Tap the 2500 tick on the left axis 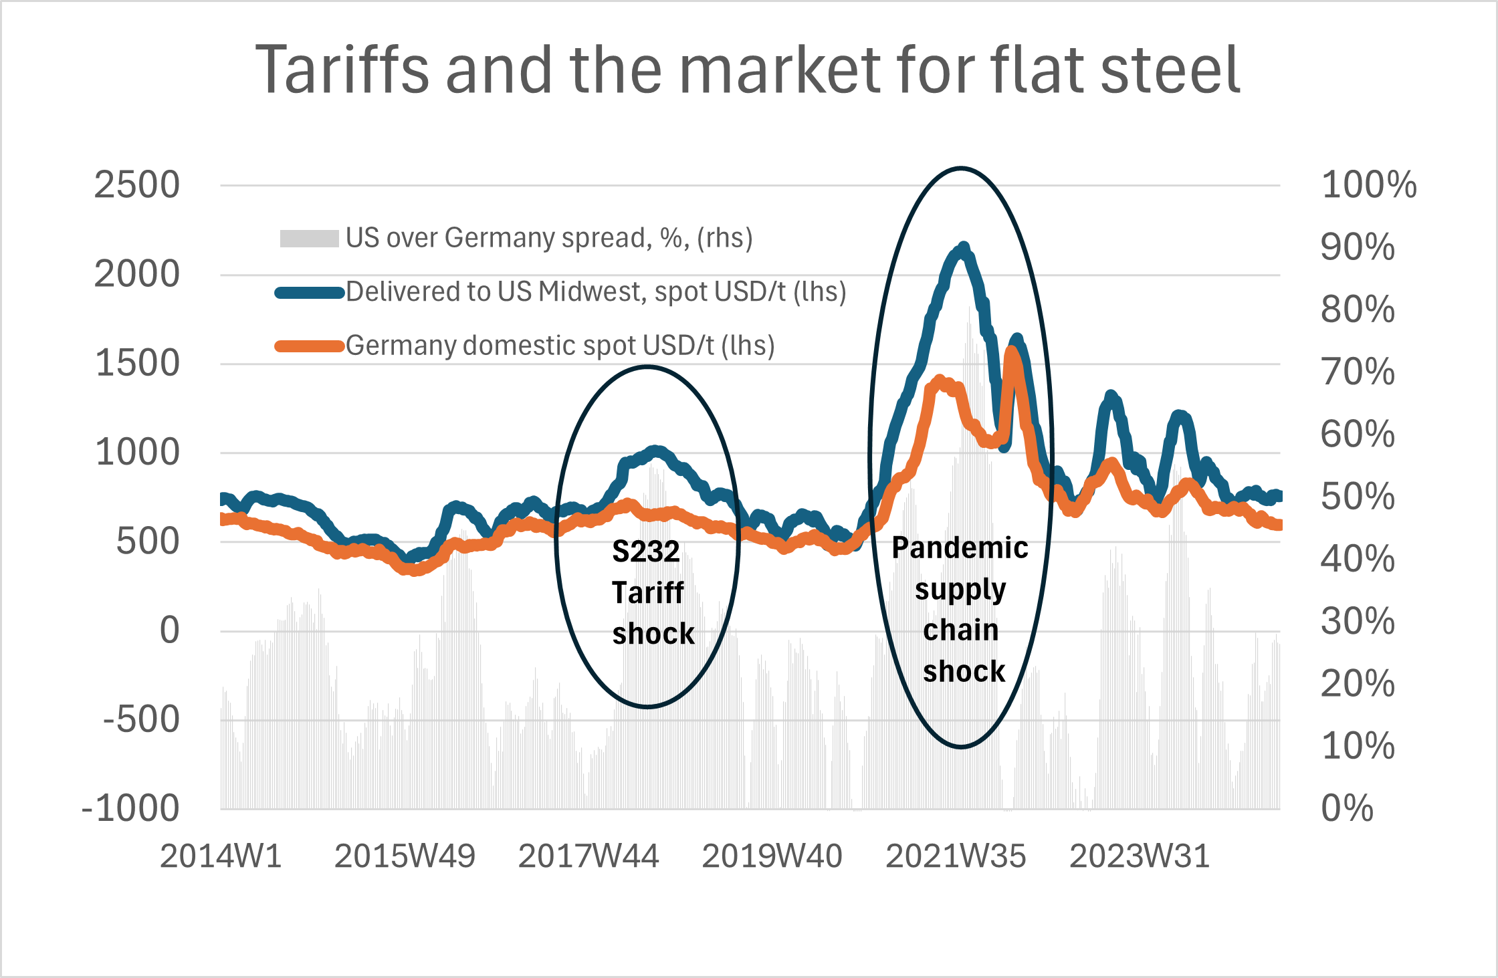click(x=136, y=185)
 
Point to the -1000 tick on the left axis click(x=130, y=808)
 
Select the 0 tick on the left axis click(x=169, y=630)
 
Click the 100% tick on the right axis click(x=1368, y=185)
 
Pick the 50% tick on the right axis click(x=1358, y=497)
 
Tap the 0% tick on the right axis click(x=1346, y=808)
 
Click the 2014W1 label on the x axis click(x=221, y=856)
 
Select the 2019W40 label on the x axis click(x=772, y=856)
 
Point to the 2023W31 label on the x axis click(x=1140, y=856)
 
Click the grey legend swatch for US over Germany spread click(x=309, y=239)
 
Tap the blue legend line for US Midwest click(x=309, y=293)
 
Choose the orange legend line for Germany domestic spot click(x=309, y=346)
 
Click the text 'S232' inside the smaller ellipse click(x=645, y=552)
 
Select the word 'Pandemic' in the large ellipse click(x=960, y=548)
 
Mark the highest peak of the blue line click(x=963, y=247)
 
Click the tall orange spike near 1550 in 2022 click(x=1012, y=351)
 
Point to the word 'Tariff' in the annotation click(x=647, y=593)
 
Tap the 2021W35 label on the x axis click(x=956, y=856)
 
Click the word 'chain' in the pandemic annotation click(x=960, y=630)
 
